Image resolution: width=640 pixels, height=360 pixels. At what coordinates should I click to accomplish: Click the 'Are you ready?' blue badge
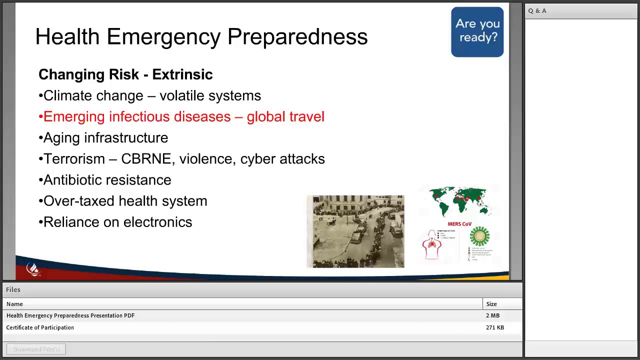477,31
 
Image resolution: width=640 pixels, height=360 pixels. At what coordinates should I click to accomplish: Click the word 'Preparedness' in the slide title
297,37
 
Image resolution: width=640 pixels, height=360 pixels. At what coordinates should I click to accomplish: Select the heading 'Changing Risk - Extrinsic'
125,74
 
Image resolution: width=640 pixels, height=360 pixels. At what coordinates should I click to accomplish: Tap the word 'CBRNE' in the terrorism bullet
146,159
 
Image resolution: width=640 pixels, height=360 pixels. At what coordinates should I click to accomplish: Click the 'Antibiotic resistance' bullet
107,180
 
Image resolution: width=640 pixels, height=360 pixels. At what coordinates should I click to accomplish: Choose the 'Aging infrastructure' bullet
105,138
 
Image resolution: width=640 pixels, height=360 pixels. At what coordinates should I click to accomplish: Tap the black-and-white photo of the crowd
355,231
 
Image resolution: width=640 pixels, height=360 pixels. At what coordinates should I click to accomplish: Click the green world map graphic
460,201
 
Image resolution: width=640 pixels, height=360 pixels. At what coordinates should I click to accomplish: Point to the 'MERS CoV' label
459,224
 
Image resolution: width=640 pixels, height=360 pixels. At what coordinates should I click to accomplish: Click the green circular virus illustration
479,236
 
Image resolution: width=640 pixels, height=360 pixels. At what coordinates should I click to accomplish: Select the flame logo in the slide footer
33,269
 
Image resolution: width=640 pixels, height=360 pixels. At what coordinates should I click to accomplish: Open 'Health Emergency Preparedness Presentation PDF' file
70,315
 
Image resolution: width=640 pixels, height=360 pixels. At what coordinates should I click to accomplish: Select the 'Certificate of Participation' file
40,327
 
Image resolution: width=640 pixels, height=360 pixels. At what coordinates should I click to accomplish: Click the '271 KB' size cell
494,327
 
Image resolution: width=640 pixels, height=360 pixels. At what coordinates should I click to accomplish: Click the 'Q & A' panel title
537,10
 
